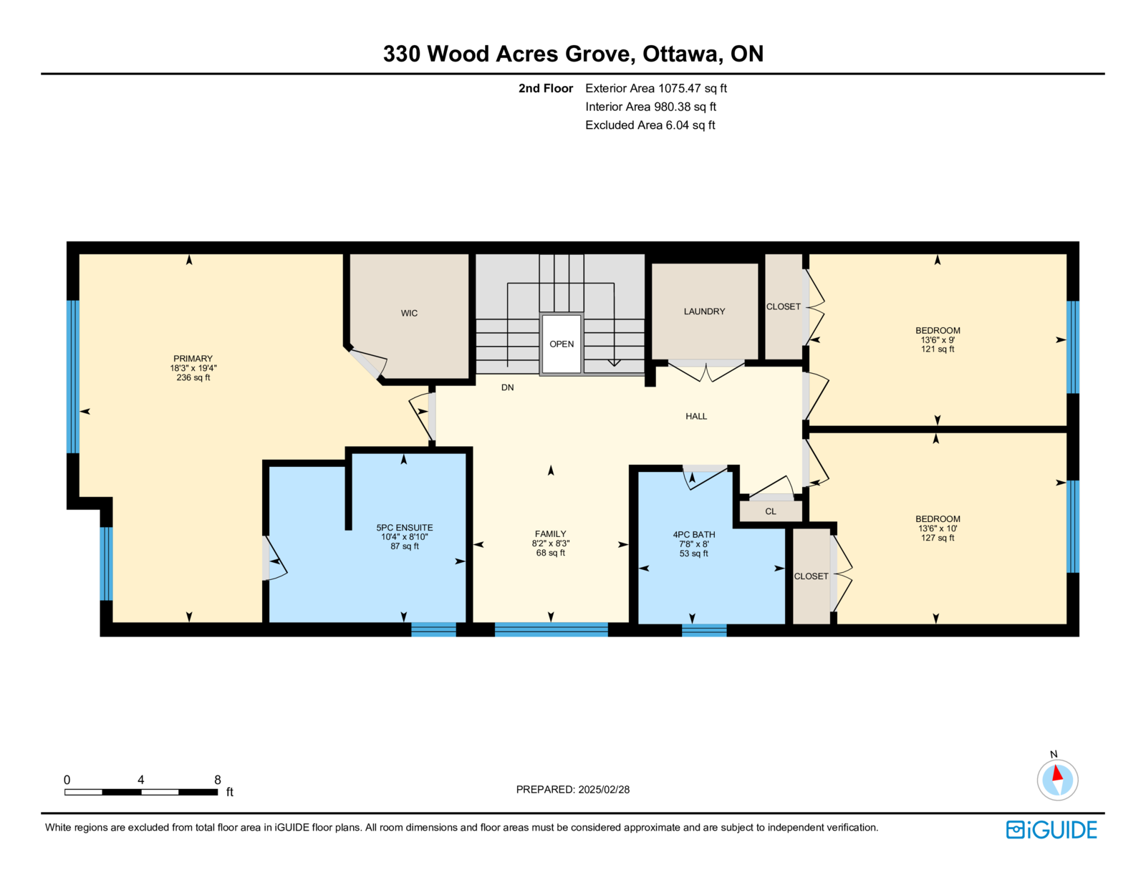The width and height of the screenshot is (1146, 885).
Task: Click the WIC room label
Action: click(x=409, y=313)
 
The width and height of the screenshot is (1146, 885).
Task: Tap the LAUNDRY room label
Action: click(x=704, y=311)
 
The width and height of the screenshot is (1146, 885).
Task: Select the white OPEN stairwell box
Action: click(x=561, y=344)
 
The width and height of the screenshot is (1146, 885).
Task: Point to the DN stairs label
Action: click(x=507, y=387)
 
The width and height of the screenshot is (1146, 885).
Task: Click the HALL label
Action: click(x=696, y=417)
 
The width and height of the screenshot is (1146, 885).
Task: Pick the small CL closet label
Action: click(x=771, y=511)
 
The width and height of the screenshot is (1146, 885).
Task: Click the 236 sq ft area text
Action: click(x=193, y=377)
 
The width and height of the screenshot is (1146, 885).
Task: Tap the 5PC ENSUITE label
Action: click(x=405, y=528)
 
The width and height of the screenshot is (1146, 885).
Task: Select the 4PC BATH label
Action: click(x=693, y=534)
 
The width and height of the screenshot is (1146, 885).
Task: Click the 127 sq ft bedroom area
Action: click(x=937, y=538)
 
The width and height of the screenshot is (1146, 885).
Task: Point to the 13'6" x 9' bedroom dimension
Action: click(x=937, y=340)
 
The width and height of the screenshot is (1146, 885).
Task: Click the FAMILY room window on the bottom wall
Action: click(x=551, y=629)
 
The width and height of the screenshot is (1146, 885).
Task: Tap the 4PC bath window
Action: click(x=704, y=630)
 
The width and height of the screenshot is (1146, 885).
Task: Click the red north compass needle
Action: click(x=1057, y=773)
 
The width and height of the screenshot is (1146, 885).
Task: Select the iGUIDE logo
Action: click(x=1051, y=830)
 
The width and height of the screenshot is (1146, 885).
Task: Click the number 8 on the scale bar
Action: click(x=217, y=780)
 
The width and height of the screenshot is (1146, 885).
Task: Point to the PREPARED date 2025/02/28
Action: click(x=604, y=790)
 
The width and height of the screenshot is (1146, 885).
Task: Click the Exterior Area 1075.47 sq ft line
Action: click(x=656, y=89)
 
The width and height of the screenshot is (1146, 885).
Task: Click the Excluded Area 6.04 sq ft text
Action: click(x=650, y=125)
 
